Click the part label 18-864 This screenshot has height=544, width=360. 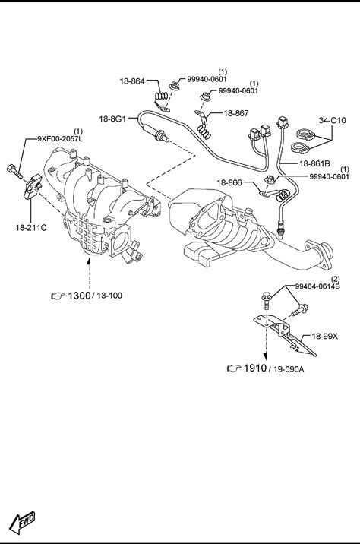click(132, 81)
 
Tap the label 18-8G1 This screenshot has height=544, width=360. click(112, 119)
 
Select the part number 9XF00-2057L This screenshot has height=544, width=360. click(60, 139)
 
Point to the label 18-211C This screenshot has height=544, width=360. click(31, 228)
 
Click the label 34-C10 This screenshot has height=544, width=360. click(332, 120)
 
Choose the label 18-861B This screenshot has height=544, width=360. click(314, 163)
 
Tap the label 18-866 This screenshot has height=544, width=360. click(229, 182)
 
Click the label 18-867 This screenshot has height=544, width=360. click(236, 113)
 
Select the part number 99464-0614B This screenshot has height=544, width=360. click(317, 286)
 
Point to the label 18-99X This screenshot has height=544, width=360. click(324, 336)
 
